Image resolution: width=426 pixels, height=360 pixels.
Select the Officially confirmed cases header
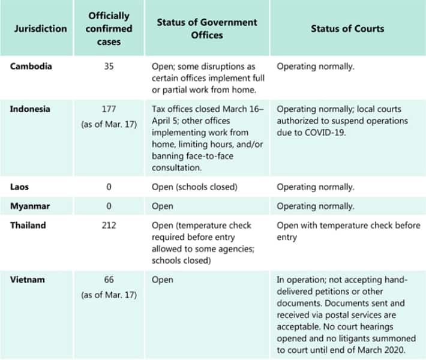click(109, 28)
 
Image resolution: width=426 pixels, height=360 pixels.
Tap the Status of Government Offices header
click(206, 28)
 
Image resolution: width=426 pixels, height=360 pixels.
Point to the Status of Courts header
click(347, 28)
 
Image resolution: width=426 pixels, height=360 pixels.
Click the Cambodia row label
click(31, 66)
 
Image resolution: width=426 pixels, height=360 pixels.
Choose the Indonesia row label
click(30, 109)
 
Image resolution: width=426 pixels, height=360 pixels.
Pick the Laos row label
click(19, 187)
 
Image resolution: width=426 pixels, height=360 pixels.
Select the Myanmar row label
click(29, 206)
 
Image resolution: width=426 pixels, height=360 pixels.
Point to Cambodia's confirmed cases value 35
click(109, 66)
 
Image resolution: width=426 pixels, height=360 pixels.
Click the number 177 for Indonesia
click(109, 109)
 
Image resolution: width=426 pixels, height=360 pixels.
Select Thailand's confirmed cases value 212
click(109, 226)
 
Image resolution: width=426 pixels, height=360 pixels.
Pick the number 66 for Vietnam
click(109, 280)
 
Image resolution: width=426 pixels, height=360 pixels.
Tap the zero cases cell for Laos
click(109, 187)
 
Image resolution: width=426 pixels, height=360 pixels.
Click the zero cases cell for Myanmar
click(109, 206)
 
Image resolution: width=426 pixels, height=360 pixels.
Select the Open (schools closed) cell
click(194, 187)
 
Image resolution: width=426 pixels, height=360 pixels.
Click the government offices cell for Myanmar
click(163, 206)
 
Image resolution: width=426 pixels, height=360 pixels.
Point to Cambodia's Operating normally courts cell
click(315, 66)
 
